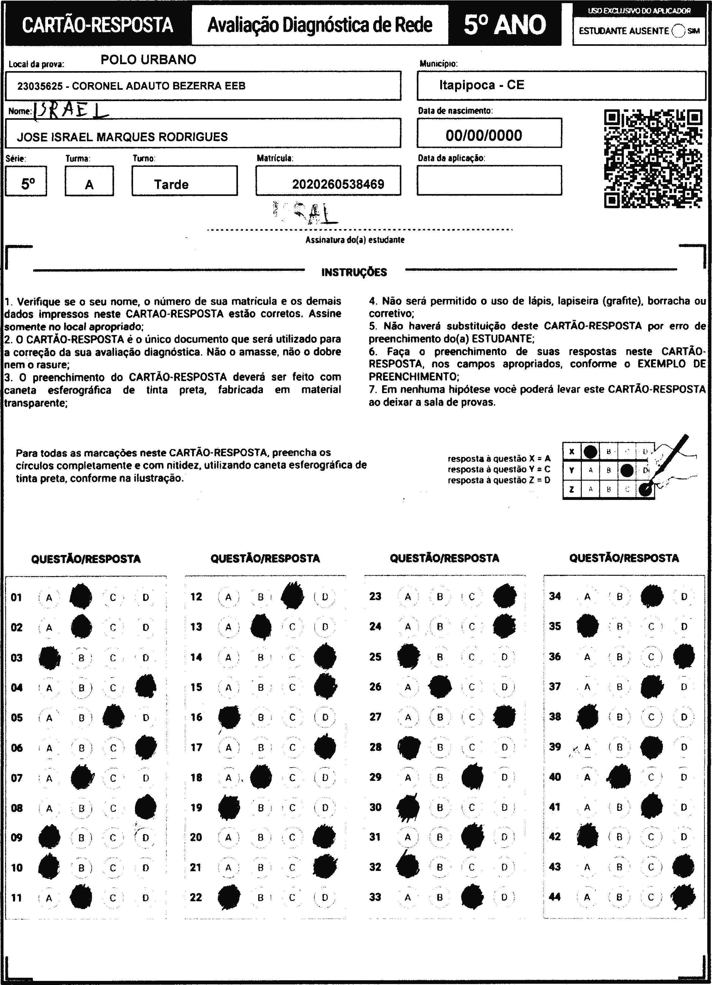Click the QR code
tap(653, 159)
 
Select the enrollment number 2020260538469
tap(338, 185)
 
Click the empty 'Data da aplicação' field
tap(489, 180)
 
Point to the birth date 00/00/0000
tap(484, 136)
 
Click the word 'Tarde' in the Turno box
tap(171, 185)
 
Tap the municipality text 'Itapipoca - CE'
tap(481, 85)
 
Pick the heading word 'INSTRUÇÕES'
tap(354, 272)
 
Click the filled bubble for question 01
tap(81, 597)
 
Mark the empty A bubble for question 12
tap(228, 597)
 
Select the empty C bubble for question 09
tap(113, 837)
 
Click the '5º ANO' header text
tap(504, 25)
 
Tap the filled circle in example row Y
tap(626, 470)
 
